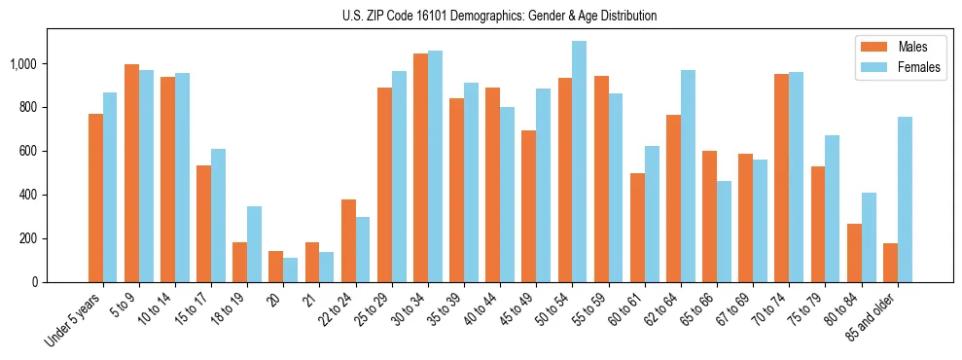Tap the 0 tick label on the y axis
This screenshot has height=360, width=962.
tap(36, 282)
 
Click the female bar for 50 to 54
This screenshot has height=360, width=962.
tap(580, 162)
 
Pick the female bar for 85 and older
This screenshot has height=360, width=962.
tap(905, 199)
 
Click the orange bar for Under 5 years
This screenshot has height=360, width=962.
tap(95, 198)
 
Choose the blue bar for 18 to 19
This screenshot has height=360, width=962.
tap(254, 244)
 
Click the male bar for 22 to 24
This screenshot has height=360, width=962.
tap(348, 241)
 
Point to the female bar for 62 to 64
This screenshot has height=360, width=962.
tap(688, 176)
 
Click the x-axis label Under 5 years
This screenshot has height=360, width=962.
tap(74, 321)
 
